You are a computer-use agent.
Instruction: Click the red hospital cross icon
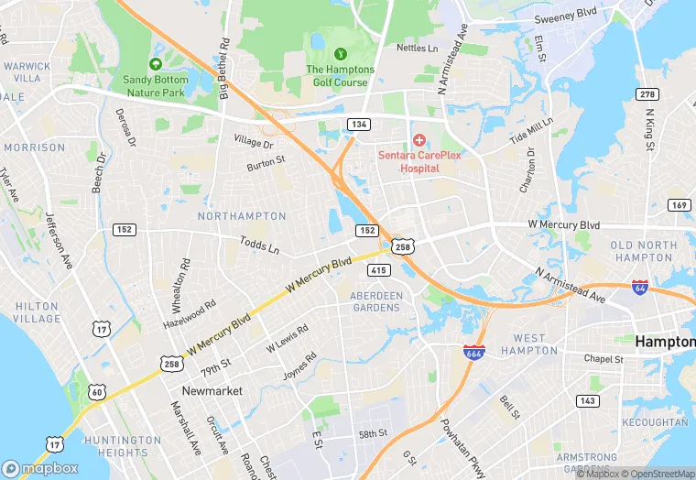[419, 139]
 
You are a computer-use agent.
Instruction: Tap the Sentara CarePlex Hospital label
[421, 161]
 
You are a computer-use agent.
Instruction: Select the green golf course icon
[341, 55]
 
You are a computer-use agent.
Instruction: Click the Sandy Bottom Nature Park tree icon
[155, 64]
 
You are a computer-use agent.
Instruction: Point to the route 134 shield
[357, 123]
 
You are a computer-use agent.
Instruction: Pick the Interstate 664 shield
[473, 352]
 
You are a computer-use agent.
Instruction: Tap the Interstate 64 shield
[640, 287]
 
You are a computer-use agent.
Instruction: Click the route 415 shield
[379, 270]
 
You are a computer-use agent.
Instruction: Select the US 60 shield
[98, 393]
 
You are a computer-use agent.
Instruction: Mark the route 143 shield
[586, 400]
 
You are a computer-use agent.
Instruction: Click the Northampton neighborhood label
[242, 216]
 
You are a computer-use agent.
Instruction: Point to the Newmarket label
[212, 390]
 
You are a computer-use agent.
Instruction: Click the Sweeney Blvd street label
[567, 16]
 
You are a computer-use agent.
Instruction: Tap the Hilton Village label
[37, 312]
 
